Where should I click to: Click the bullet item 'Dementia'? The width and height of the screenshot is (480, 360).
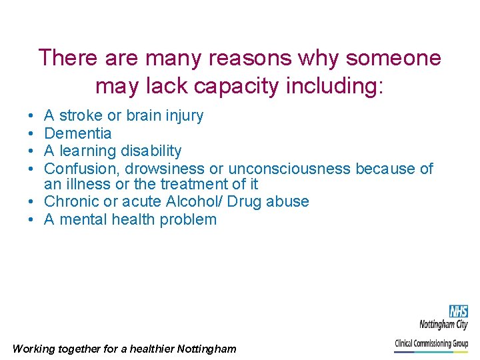77,133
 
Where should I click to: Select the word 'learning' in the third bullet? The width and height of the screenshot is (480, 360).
88,151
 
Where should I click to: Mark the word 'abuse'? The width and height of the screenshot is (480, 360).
287,201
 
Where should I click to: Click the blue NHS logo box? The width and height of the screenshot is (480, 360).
458,311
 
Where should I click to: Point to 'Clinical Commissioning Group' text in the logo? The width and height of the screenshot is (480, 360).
431,344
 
